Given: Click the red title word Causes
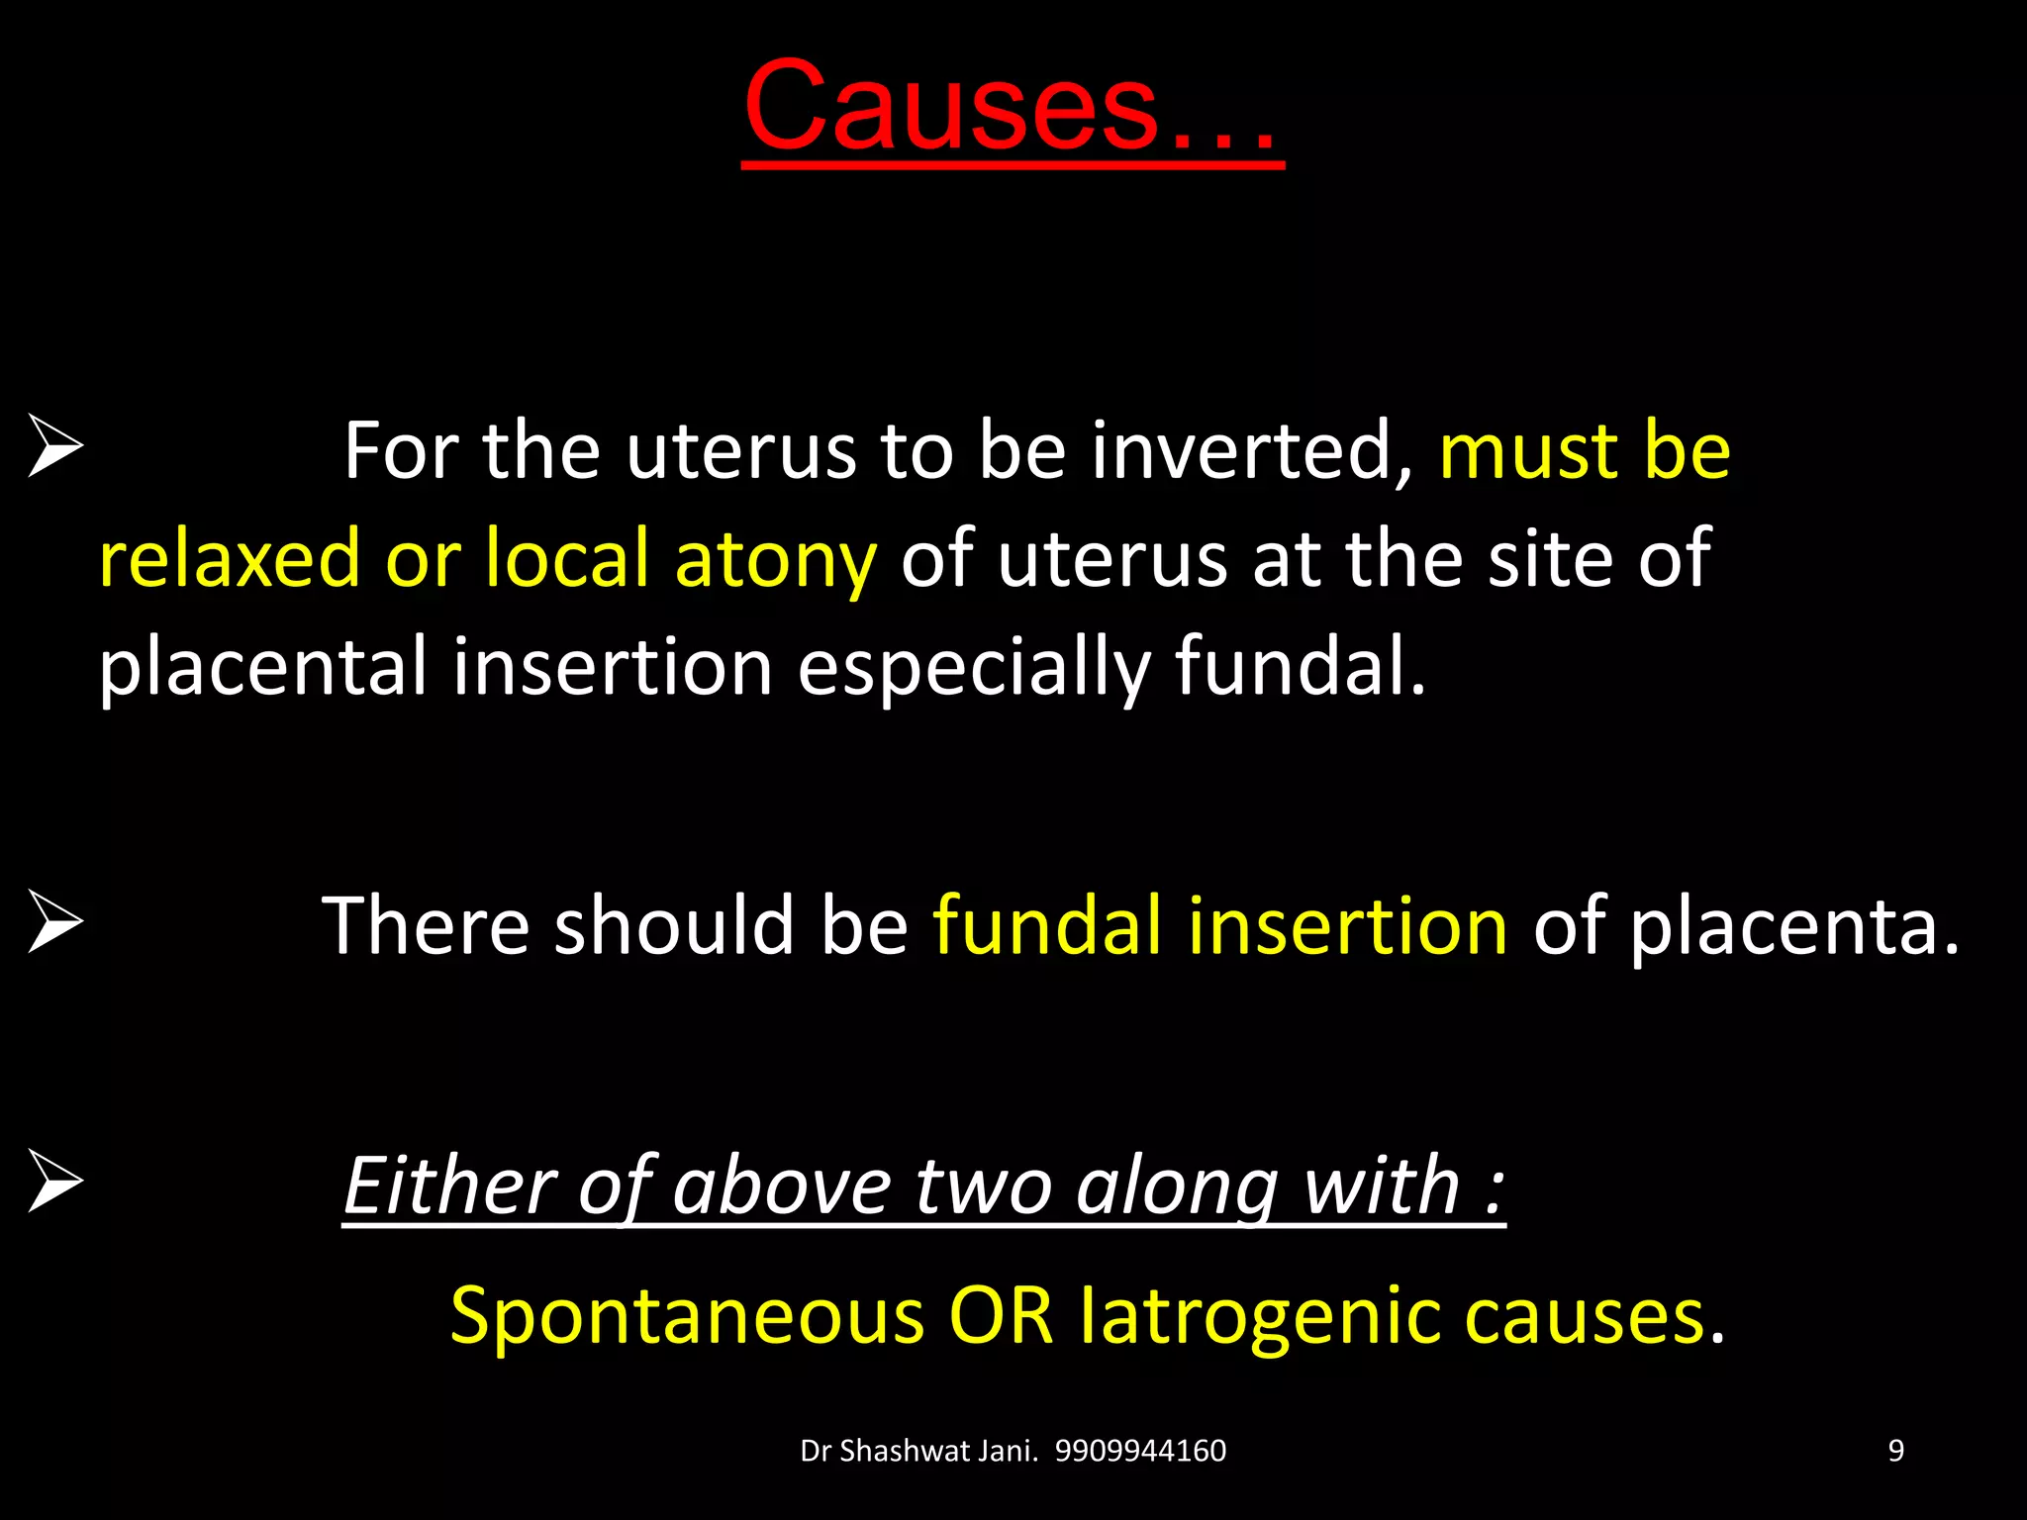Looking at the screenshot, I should click(1010, 107).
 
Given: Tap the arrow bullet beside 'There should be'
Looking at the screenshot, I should click(55, 921).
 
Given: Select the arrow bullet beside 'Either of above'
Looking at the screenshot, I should click(55, 1181).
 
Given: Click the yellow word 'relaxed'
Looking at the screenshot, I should click(230, 559).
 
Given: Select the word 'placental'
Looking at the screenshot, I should click(263, 667).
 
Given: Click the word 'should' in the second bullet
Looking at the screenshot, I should click(674, 925).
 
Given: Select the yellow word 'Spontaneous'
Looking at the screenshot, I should click(687, 1317).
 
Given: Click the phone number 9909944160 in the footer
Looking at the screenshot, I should click(1140, 1451).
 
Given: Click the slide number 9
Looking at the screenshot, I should click(1895, 1451).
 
